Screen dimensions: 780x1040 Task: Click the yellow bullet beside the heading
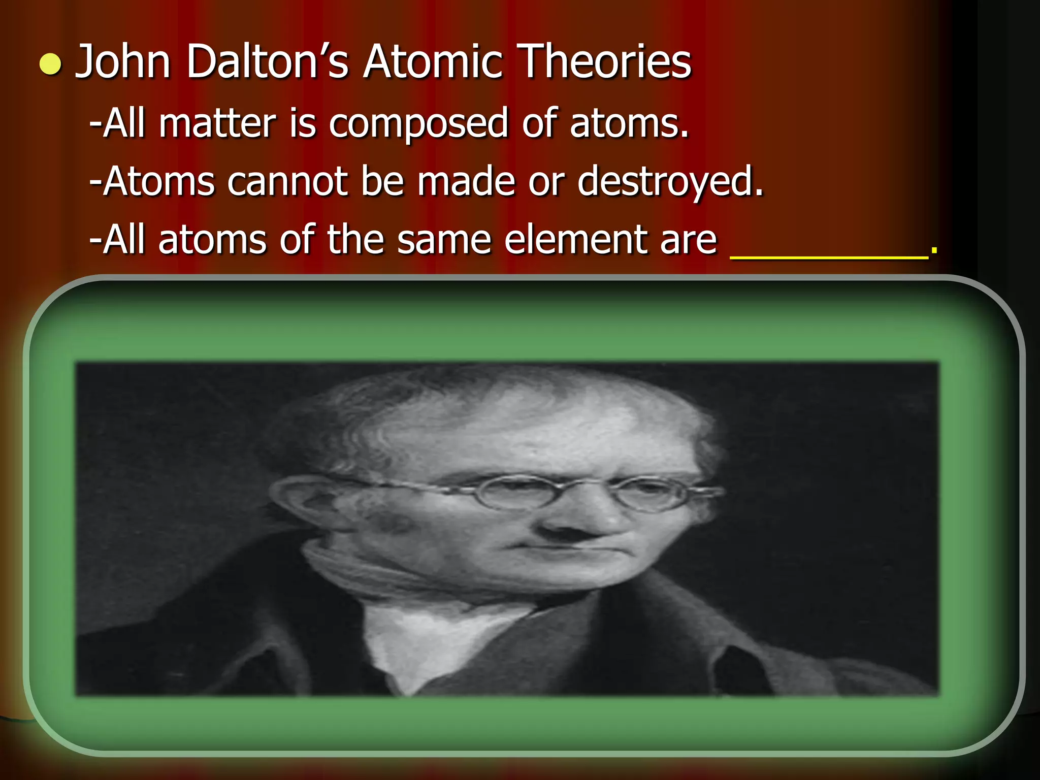[x=50, y=66]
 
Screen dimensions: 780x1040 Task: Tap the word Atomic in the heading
[x=433, y=62]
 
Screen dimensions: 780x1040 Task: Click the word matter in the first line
[x=217, y=123]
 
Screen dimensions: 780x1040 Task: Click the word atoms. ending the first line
[x=629, y=123]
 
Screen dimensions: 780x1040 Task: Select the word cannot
[x=287, y=181]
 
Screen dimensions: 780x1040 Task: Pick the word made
[x=466, y=181]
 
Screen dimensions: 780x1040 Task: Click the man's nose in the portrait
[x=569, y=523]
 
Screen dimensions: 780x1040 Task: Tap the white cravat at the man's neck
[x=442, y=635]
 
